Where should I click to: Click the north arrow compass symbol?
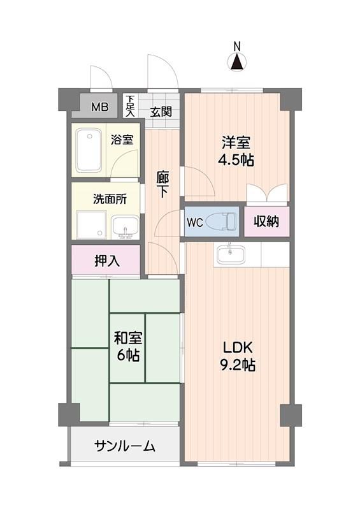coord(236,62)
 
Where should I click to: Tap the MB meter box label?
coord(99,106)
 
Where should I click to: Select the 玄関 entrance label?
coord(161,112)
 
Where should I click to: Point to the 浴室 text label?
coord(122,140)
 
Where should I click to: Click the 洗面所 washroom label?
coord(110,198)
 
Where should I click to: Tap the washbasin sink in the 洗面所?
coord(124,226)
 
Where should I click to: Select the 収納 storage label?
coord(267,222)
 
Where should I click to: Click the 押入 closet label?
coord(106,260)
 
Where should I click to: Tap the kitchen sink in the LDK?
coord(230,254)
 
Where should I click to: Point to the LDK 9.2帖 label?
coord(238,357)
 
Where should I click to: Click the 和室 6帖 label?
coord(127,346)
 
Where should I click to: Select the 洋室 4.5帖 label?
coord(237,150)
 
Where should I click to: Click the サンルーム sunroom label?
coord(125,446)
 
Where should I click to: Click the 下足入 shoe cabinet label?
coord(129,106)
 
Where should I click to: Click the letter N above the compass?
coord(236,46)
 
